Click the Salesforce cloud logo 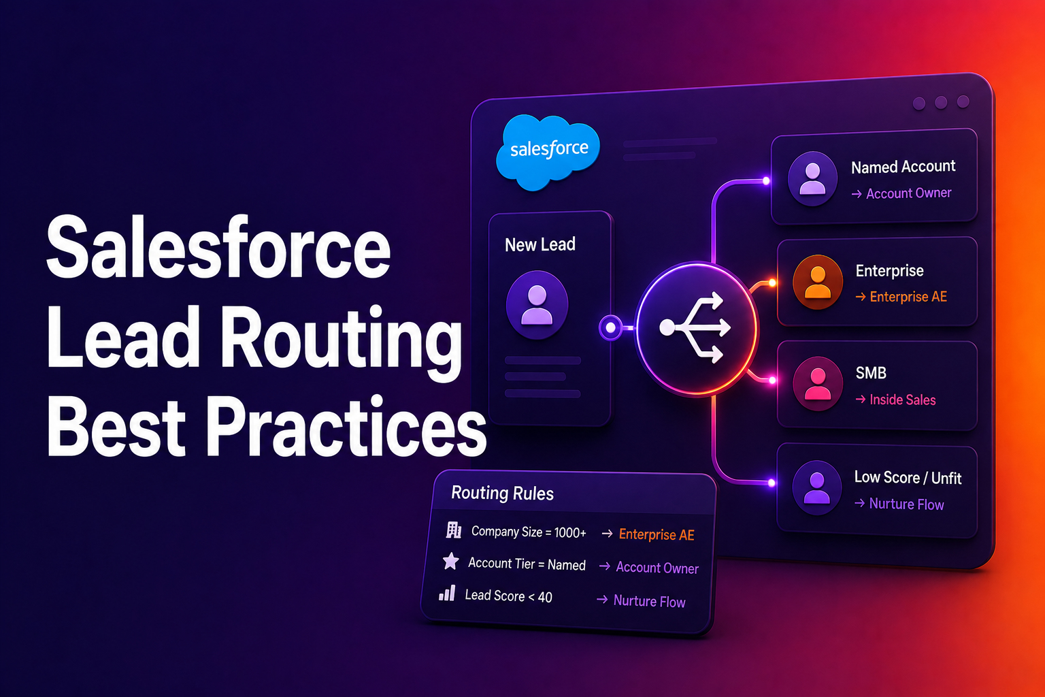coord(548,152)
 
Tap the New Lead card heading coord(540,244)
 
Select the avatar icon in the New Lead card coord(537,305)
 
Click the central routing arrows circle coord(697,329)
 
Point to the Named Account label coord(903,167)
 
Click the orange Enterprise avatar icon coord(817,282)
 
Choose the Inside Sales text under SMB coord(903,400)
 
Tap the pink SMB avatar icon coord(818,384)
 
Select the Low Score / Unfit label coord(908,478)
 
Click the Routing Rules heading coord(503,493)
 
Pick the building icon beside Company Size coord(454,530)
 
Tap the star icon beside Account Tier coord(450,561)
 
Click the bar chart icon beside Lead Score coord(447,593)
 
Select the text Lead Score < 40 coord(508,596)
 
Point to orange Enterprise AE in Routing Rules coord(657,534)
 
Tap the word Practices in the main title coord(346,427)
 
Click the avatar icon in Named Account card coord(812,178)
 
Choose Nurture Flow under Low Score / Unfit coord(906,504)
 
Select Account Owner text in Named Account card coord(908,193)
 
